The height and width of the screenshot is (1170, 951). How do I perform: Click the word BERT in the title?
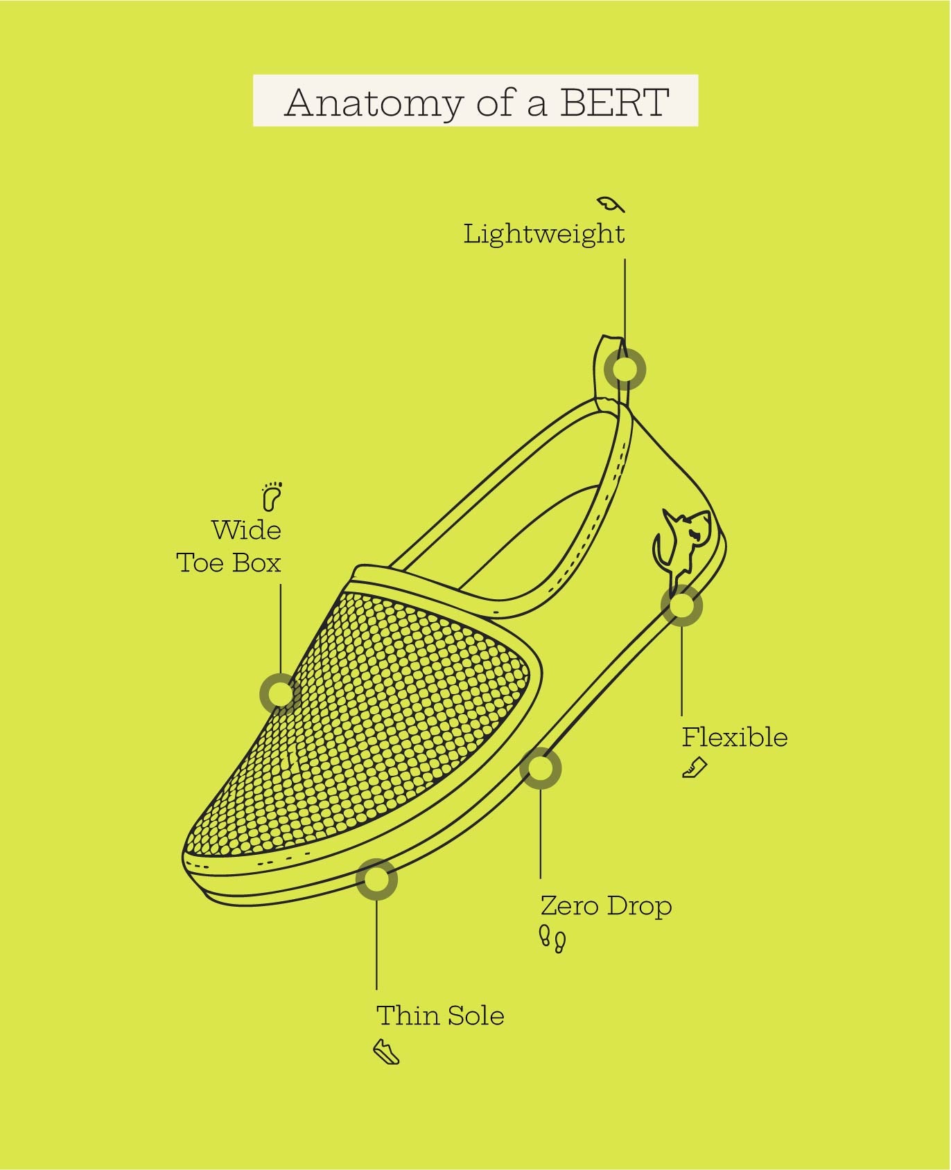(614, 103)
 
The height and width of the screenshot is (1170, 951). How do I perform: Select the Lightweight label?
(544, 234)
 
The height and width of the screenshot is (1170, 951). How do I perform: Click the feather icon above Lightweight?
(611, 204)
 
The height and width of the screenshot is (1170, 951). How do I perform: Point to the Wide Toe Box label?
(229, 547)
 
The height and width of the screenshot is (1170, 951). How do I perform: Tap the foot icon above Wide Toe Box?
(272, 496)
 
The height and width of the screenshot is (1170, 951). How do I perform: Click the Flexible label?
(735, 737)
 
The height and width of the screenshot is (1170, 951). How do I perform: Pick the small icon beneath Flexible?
(695, 768)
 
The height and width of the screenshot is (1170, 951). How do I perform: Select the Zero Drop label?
(607, 906)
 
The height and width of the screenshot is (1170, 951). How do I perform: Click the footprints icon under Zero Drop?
(552, 939)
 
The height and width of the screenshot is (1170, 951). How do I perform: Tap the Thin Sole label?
(440, 1016)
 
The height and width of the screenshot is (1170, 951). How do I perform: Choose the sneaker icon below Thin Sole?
(387, 1052)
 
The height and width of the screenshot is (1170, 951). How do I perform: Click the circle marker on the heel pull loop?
(625, 369)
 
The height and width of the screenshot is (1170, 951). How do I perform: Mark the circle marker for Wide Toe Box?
(281, 693)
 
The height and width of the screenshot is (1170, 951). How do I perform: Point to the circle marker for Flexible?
(681, 605)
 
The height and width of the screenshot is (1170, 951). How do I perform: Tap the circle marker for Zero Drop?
(540, 768)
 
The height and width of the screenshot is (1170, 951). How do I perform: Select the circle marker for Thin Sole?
(376, 879)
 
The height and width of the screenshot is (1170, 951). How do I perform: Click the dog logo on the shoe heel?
(681, 545)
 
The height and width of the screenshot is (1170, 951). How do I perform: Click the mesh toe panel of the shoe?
(367, 720)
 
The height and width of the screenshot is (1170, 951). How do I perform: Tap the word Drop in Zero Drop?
(639, 906)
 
